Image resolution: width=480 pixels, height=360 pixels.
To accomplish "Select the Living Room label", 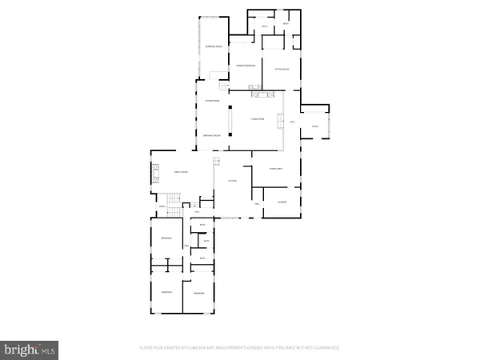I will pos(258,118).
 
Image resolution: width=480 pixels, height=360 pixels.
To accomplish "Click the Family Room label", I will pos(181,172).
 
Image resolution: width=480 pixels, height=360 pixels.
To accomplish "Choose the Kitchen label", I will pos(232,181).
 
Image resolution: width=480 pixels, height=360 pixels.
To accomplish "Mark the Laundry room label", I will pos(282,202).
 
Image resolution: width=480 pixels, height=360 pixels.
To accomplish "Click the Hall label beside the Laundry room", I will pos(258,203).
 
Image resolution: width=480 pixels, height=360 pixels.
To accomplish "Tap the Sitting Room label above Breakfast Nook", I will pos(212,101).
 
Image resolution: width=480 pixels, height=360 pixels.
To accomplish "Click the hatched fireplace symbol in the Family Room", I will pos(155,174).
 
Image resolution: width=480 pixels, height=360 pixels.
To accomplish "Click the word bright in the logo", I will pos(20,350).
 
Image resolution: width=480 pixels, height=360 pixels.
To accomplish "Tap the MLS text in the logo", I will pos(48,350).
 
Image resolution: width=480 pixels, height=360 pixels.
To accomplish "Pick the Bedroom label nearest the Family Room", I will pos(166,239).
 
